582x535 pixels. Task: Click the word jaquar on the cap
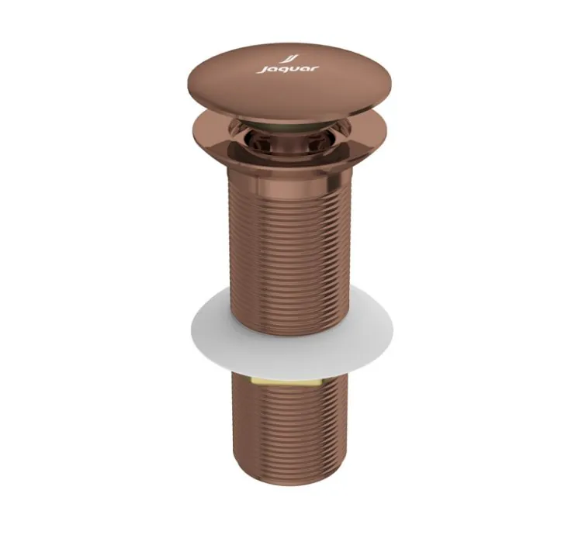(288, 70)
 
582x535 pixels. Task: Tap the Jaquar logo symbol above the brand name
(289, 58)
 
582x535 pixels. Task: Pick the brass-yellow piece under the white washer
(289, 380)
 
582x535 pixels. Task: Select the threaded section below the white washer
(289, 434)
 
